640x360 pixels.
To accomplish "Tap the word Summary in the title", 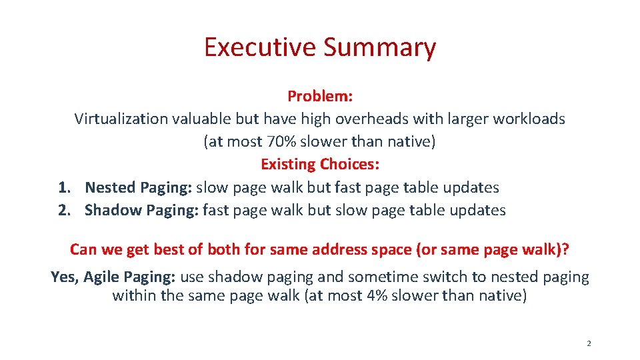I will coord(379,47).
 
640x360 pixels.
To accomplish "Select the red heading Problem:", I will coord(320,96).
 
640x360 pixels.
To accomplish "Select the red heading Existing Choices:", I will coord(320,164).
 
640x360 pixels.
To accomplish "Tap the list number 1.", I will coord(63,188).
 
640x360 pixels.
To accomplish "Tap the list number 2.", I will coord(63,211).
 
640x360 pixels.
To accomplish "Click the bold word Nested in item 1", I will coord(110,188).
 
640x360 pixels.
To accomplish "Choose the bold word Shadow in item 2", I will coord(113,211).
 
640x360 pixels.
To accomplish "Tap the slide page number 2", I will coord(589,344).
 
